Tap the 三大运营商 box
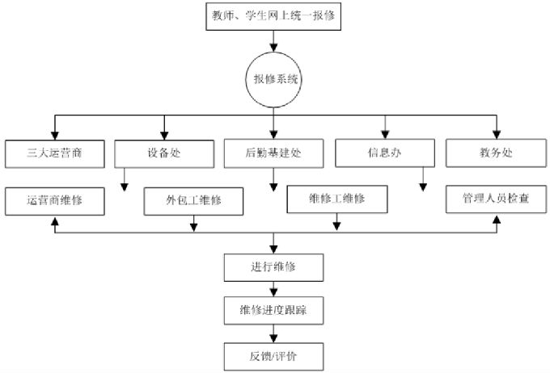[x=54, y=153]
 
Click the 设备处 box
[x=164, y=153]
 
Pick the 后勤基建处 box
[x=274, y=153]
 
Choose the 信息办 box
[x=385, y=153]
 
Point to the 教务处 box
[x=495, y=153]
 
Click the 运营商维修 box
[x=54, y=200]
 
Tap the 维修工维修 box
[x=336, y=199]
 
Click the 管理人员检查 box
[x=495, y=199]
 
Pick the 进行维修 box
[x=274, y=266]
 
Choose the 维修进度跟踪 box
[x=274, y=308]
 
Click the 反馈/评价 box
[x=274, y=353]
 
